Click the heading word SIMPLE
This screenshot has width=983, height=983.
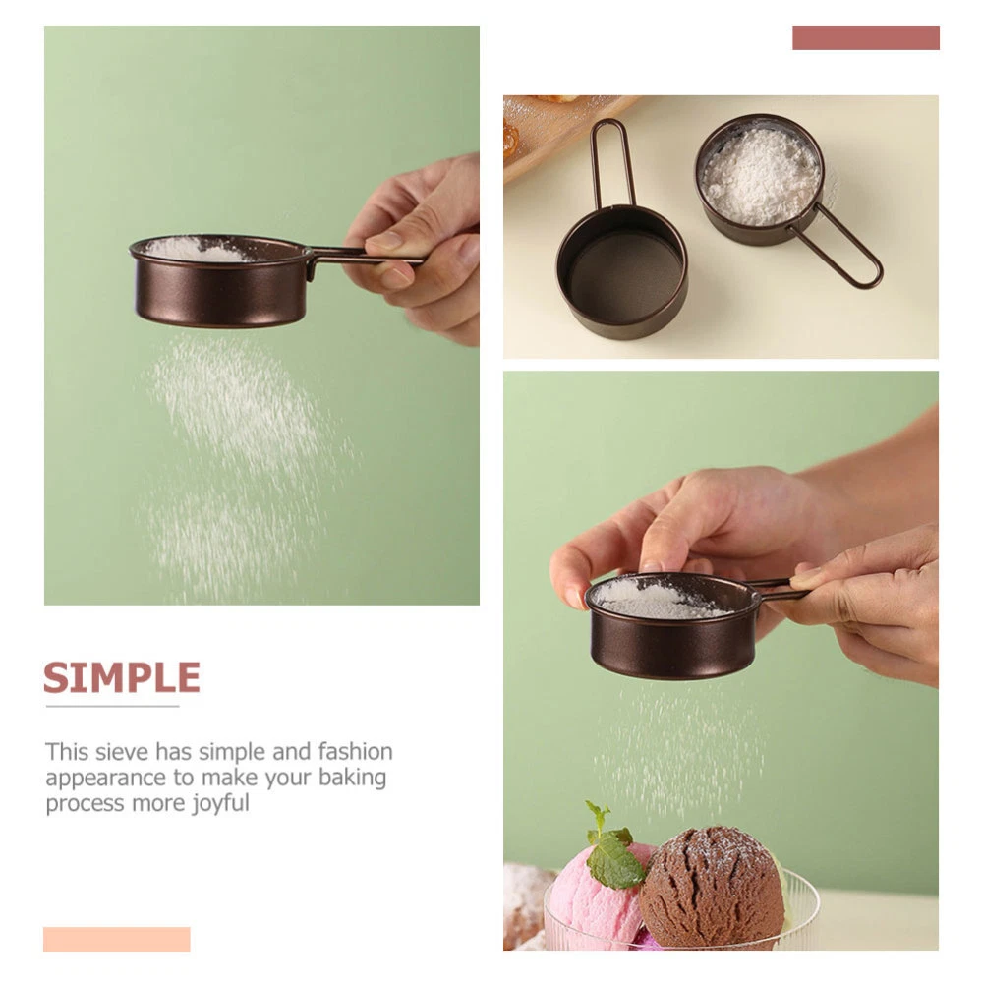click(122, 677)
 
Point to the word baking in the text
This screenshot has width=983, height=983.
click(352, 778)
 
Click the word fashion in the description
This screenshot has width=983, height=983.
click(356, 751)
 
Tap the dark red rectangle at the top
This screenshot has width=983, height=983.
click(866, 37)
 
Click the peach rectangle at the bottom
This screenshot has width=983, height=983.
click(117, 939)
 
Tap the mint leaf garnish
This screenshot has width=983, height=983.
click(611, 846)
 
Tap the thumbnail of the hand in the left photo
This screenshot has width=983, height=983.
click(382, 241)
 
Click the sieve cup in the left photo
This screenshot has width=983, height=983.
click(219, 281)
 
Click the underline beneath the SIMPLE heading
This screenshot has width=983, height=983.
click(112, 707)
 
